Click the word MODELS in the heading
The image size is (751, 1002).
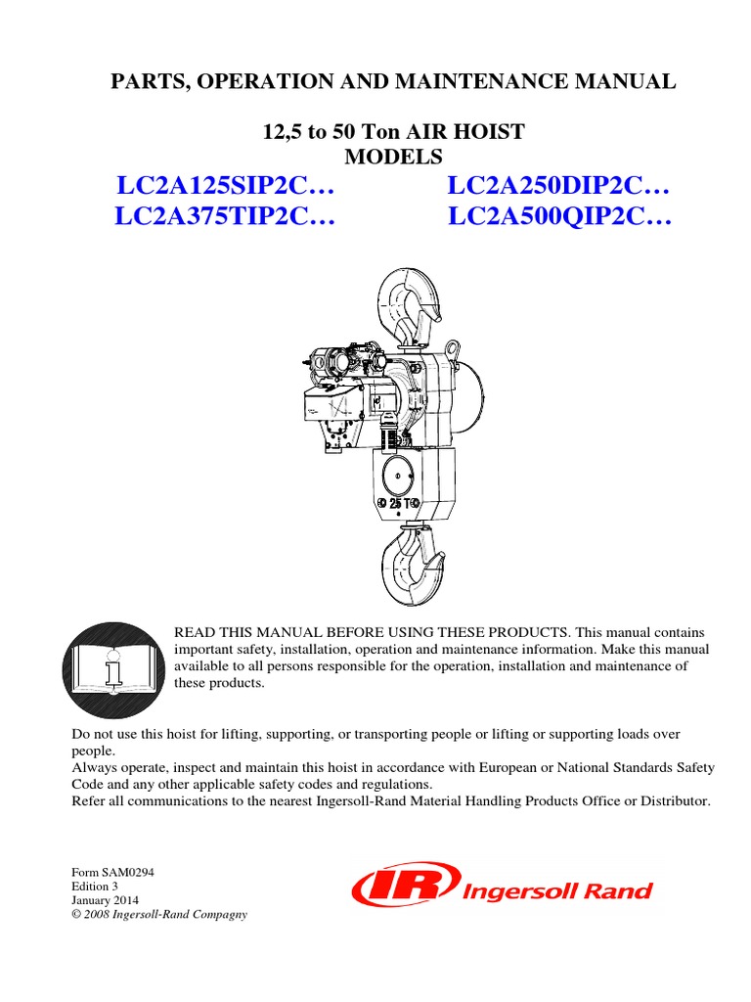(x=394, y=156)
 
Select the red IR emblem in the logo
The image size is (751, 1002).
(x=403, y=888)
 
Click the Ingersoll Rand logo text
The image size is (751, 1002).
(x=555, y=890)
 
